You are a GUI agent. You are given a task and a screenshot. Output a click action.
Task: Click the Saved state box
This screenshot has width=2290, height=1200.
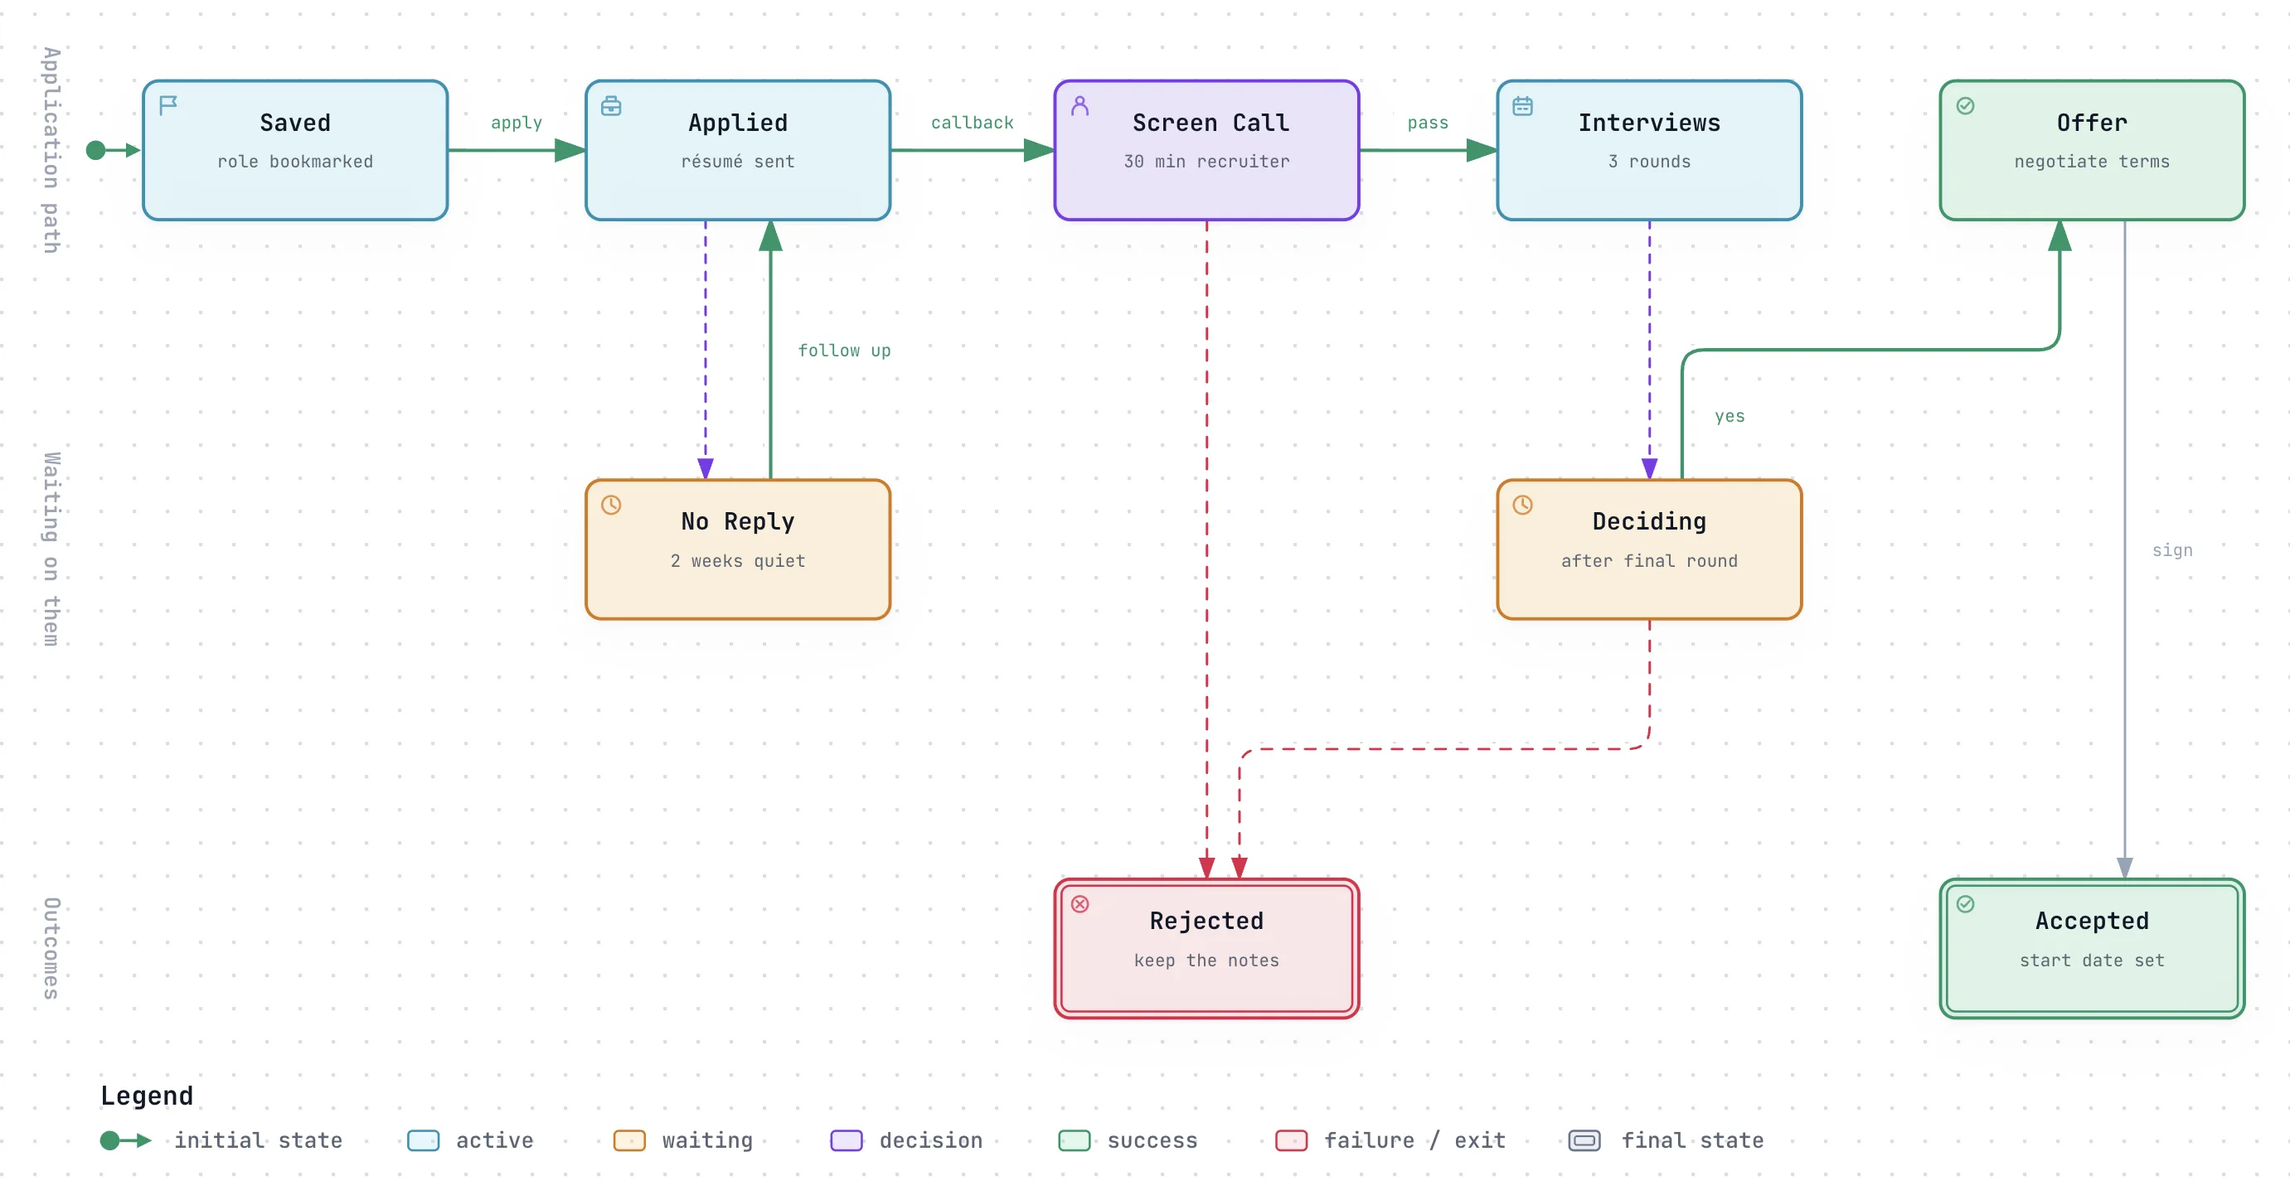pyautogui.click(x=295, y=150)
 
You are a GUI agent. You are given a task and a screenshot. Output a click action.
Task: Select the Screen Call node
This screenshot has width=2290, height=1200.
pyautogui.click(x=1206, y=150)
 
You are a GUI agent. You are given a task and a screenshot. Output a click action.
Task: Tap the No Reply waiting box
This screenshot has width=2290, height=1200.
pyautogui.click(x=738, y=549)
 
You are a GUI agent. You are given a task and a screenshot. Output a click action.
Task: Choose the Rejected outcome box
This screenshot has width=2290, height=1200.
pyautogui.click(x=1206, y=948)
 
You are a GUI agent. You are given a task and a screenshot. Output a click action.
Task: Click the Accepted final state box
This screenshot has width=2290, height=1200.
pyautogui.click(x=2092, y=948)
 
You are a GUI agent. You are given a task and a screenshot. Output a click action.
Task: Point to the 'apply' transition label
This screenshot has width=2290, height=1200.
pyautogui.click(x=517, y=123)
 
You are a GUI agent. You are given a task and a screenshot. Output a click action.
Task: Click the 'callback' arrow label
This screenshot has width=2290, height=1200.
pyautogui.click(x=972, y=123)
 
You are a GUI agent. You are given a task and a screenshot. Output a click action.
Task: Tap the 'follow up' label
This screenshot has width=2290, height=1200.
pyautogui.click(x=844, y=351)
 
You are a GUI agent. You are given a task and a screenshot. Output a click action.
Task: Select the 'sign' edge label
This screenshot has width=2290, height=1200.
pyautogui.click(x=2171, y=550)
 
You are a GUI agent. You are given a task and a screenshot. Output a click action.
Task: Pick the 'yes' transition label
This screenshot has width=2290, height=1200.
pyautogui.click(x=1729, y=416)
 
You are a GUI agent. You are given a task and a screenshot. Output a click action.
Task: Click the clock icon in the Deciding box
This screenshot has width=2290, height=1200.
pyautogui.click(x=1523, y=505)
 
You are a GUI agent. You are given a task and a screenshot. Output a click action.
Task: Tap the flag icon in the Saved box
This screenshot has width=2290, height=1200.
pyautogui.click(x=168, y=106)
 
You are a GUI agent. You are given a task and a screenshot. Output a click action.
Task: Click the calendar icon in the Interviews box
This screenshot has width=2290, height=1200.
pyautogui.click(x=1523, y=106)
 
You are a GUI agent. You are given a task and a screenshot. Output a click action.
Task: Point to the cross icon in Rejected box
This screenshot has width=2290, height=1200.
pyautogui.click(x=1080, y=904)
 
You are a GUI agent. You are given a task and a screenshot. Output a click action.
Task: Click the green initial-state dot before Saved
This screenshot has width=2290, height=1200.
pyautogui.click(x=96, y=150)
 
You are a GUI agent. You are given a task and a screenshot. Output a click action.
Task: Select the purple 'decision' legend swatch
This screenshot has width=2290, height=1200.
pyautogui.click(x=847, y=1140)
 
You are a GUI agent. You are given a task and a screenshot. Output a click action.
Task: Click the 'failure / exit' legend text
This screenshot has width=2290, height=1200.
pyautogui.click(x=1414, y=1140)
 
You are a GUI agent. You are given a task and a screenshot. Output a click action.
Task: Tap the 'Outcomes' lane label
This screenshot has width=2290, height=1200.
pyautogui.click(x=51, y=948)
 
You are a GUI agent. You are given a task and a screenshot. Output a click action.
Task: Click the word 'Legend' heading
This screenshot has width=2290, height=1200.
pyautogui.click(x=147, y=1095)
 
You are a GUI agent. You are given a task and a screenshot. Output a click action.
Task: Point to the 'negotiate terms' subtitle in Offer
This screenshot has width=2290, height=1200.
pyautogui.click(x=2092, y=162)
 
